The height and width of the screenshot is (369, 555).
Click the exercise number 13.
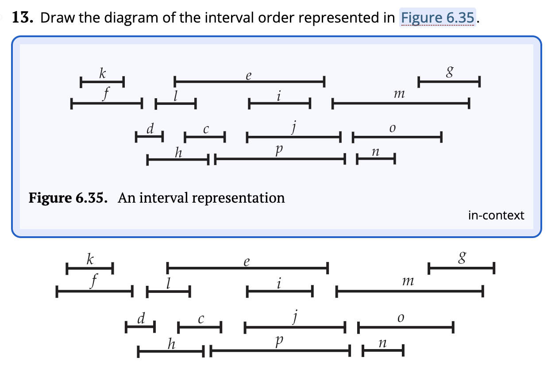pyautogui.click(x=22, y=18)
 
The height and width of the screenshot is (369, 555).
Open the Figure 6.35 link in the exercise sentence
pyautogui.click(x=438, y=18)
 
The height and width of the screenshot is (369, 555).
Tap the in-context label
pyautogui.click(x=496, y=215)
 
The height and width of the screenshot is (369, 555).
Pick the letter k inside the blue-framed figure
pyautogui.click(x=102, y=73)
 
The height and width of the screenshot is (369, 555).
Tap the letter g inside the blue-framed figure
pyautogui.click(x=450, y=71)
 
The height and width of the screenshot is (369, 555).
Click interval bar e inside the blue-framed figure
pyautogui.click(x=250, y=82)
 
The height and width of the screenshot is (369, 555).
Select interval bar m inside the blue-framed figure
pyautogui.click(x=401, y=104)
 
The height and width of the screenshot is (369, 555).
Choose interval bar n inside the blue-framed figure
pyautogui.click(x=376, y=158)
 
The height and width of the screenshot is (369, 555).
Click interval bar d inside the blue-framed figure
pyautogui.click(x=150, y=137)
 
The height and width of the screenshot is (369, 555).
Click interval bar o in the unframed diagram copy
pyautogui.click(x=405, y=328)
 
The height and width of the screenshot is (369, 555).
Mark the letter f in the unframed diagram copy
pyautogui.click(x=94, y=281)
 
